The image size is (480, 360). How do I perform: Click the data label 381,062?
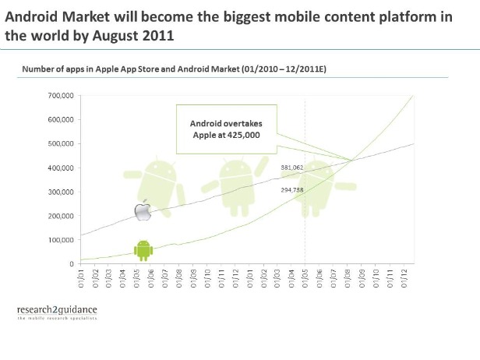(x=292, y=167)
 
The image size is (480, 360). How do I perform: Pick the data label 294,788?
(x=292, y=189)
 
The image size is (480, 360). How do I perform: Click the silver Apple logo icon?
(x=142, y=210)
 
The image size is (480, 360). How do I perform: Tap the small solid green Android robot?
(x=143, y=249)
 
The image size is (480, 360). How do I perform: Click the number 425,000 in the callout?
(x=243, y=135)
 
